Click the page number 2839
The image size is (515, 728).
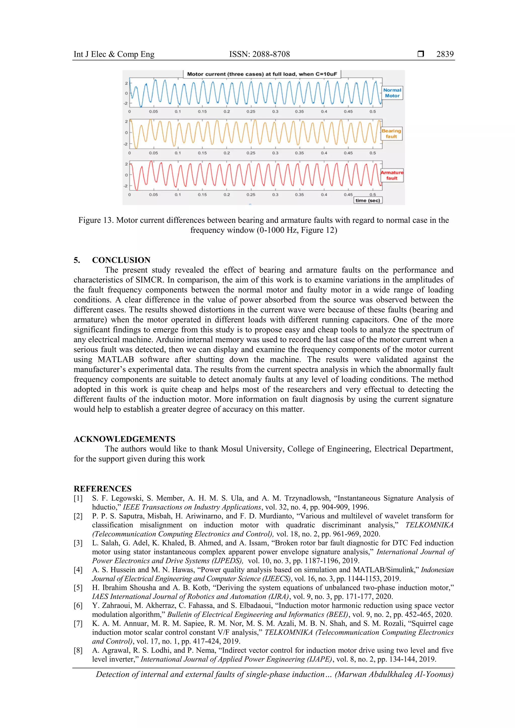click(445, 54)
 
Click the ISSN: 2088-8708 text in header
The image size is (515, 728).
click(259, 54)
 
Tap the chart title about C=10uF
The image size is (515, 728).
click(262, 74)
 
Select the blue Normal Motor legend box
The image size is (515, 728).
click(392, 93)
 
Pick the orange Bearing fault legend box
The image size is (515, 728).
click(391, 133)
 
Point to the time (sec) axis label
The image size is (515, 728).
click(367, 200)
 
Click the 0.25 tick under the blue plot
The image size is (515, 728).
click(251, 112)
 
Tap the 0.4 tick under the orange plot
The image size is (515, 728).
click(324, 153)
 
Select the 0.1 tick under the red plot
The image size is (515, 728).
click(178, 195)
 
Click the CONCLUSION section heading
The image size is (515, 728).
click(121, 260)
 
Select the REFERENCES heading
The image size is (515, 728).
click(103, 489)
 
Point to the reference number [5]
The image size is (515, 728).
click(78, 588)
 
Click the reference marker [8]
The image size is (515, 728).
click(78, 650)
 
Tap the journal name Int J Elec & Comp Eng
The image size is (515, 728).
click(114, 54)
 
